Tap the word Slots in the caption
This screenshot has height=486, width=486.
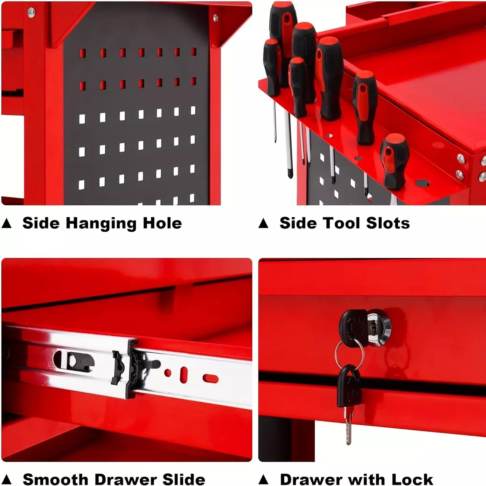tap(388, 223)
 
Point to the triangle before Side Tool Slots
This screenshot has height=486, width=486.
tap(264, 224)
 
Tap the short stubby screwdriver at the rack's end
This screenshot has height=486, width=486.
tap(394, 162)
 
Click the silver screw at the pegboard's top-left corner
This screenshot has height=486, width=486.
tap(31, 13)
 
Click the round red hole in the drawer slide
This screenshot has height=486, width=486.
tap(168, 373)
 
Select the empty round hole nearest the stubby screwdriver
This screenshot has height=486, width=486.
tap(422, 183)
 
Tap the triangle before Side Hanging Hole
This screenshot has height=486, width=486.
tap(6, 224)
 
